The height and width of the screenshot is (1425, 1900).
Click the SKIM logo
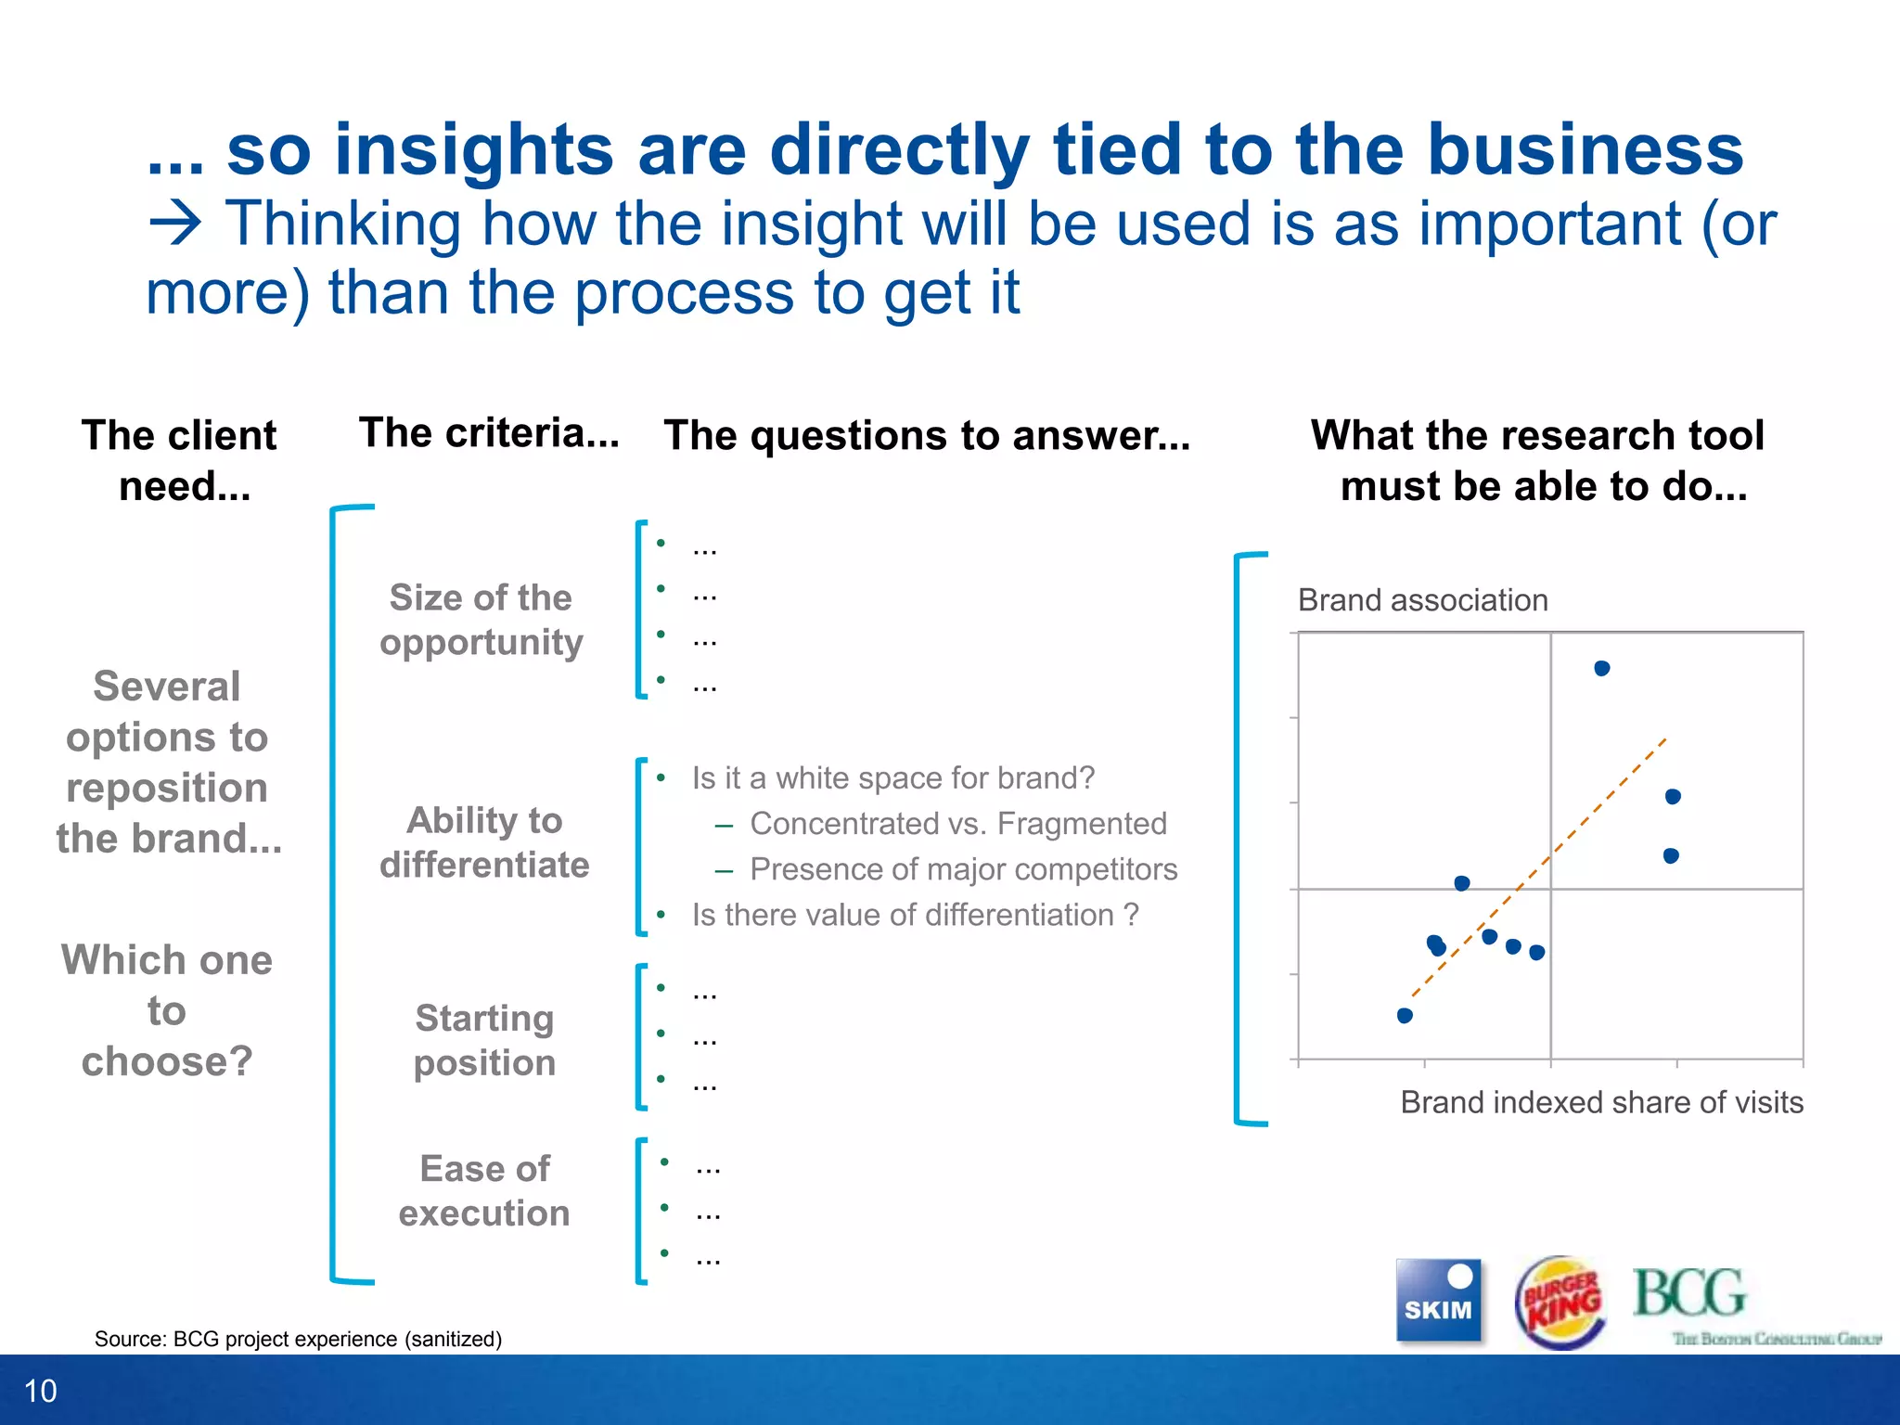tap(1438, 1300)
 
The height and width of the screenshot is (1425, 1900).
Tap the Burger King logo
tap(1560, 1302)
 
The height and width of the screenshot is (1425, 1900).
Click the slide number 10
tap(41, 1391)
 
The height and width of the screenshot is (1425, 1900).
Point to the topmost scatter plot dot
tap(1602, 668)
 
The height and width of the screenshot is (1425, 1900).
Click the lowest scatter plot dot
tap(1405, 1016)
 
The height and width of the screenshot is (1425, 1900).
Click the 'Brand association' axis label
tap(1422, 600)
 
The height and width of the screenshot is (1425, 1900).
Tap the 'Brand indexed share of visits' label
tap(1601, 1102)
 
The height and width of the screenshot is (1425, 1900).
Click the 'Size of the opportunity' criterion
tap(481, 620)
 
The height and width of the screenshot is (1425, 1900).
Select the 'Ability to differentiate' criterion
tap(484, 842)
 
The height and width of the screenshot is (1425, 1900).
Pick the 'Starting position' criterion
tap(484, 1040)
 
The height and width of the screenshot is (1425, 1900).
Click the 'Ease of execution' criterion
tap(484, 1190)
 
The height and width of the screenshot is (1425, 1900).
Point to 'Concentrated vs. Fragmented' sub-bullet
tap(957, 824)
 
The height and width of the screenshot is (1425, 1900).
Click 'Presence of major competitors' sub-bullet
tap(963, 869)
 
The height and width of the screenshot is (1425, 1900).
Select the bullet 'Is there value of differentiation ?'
tap(915, 915)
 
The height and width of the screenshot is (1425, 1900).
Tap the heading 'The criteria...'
tap(489, 433)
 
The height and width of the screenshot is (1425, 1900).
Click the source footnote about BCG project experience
tap(298, 1339)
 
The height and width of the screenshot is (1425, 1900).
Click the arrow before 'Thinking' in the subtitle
tap(175, 224)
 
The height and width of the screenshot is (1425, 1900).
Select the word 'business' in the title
tap(1585, 150)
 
